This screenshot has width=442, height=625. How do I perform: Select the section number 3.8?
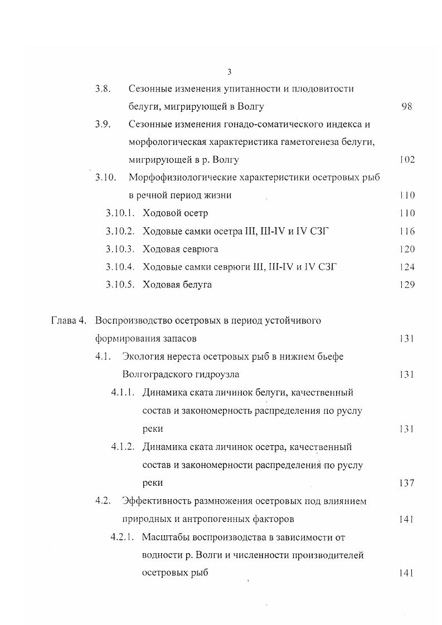pyautogui.click(x=103, y=89)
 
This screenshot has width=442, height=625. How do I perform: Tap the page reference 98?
pyautogui.click(x=406, y=106)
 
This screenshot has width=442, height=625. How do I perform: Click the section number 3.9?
pyautogui.click(x=103, y=124)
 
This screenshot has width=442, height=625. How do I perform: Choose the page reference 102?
pyautogui.click(x=407, y=160)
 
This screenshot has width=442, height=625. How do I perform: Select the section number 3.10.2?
pyautogui.click(x=120, y=231)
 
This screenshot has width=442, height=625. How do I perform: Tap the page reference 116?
pyautogui.click(x=407, y=231)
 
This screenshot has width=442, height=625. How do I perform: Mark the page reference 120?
pyautogui.click(x=407, y=249)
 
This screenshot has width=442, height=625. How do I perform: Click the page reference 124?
pyautogui.click(x=407, y=267)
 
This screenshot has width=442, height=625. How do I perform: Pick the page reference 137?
pyautogui.click(x=407, y=483)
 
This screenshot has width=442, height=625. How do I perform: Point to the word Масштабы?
pyautogui.click(x=165, y=537)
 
